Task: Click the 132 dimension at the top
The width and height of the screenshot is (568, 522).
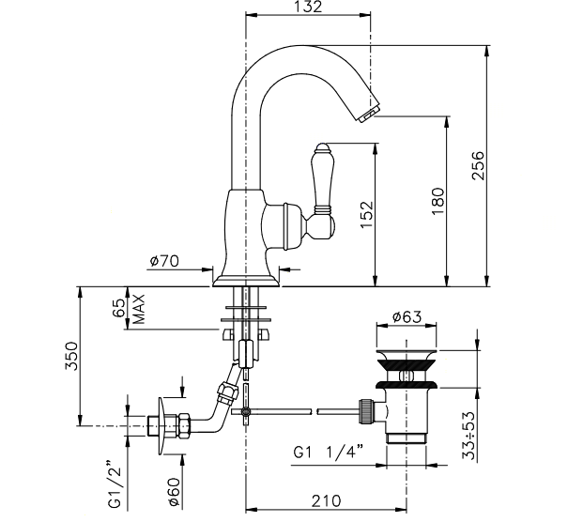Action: point(312,8)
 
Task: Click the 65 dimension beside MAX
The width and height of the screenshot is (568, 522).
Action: point(120,309)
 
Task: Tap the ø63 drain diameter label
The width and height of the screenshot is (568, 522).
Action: point(407,316)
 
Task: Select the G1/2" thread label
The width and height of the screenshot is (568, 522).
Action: point(115,484)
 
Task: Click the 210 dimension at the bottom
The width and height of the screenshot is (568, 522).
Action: point(327,502)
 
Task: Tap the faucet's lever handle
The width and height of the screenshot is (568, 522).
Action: point(321,182)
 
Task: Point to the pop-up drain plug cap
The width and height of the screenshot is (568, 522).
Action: point(407,360)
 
